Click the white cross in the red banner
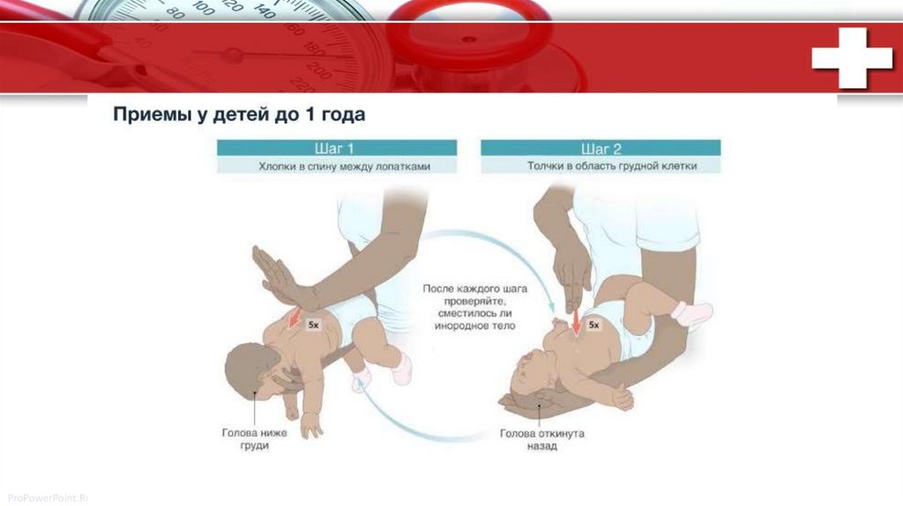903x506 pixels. coord(852,58)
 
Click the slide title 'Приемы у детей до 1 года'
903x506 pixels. coord(239,114)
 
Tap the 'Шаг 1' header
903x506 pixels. coord(334,148)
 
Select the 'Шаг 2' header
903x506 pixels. coord(601,149)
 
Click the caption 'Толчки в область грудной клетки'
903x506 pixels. coord(612,166)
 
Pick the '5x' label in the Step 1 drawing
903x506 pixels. coord(313,324)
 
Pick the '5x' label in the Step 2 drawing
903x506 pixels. coord(593,325)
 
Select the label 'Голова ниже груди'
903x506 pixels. coord(254,439)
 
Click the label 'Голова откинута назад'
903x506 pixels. coord(542,439)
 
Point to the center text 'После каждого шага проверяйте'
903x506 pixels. coord(475,294)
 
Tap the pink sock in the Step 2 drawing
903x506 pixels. coord(693,313)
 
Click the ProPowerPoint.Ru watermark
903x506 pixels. coord(48,497)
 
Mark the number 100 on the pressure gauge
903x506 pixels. coord(202,7)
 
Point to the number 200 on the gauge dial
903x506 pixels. coord(317,70)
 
